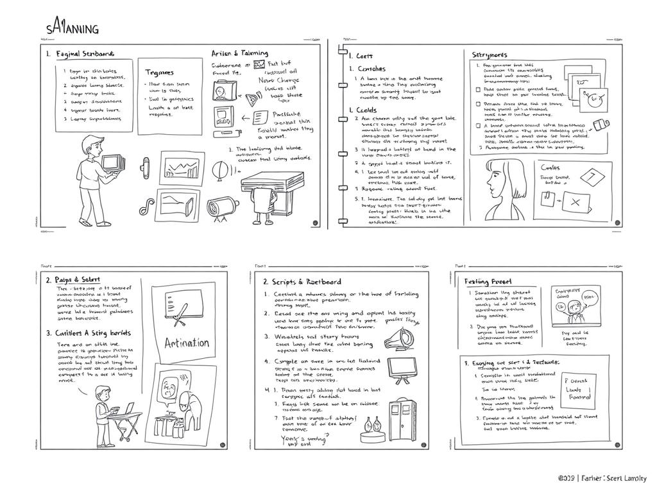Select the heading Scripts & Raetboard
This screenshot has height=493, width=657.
coord(302,281)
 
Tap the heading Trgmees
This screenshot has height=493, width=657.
coord(160,73)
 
